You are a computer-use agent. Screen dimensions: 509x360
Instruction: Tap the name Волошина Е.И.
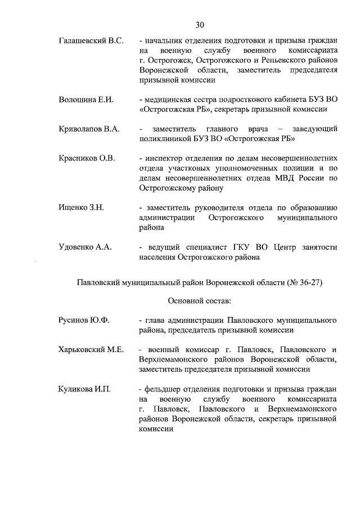(x=86, y=100)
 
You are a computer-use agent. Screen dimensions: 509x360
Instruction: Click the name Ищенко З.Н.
(x=81, y=207)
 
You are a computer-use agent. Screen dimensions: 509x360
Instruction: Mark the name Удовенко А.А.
(x=86, y=247)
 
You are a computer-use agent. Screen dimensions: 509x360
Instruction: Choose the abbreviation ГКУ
(x=233, y=247)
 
